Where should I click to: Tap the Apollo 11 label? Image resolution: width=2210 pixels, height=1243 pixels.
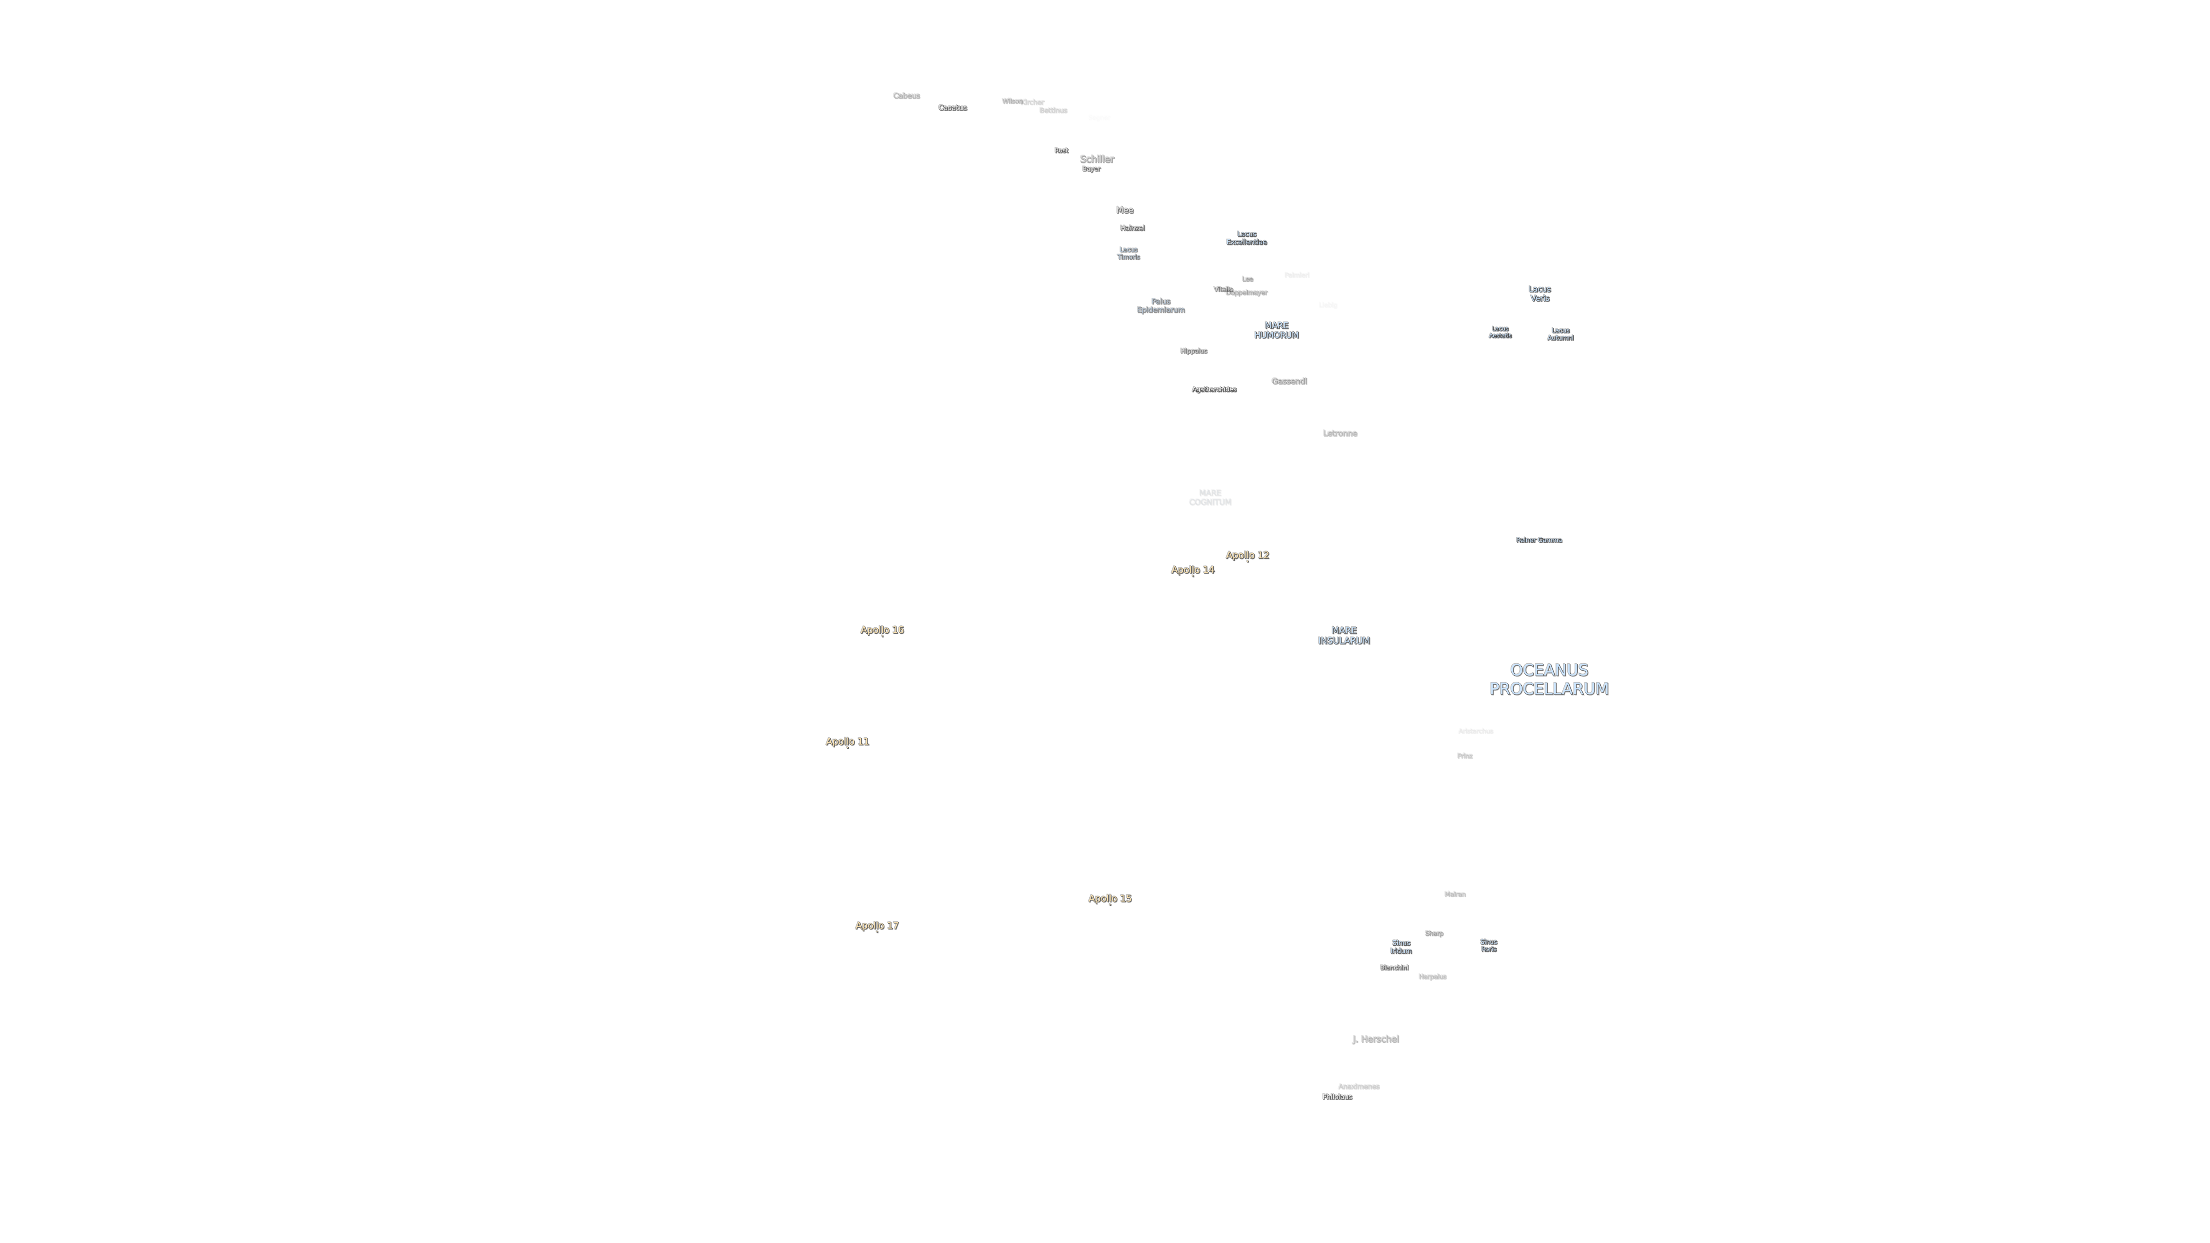coord(847,741)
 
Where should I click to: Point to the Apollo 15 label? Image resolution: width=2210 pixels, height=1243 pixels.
coord(1109,898)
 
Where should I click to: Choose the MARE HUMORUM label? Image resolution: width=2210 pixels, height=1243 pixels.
coord(1276,330)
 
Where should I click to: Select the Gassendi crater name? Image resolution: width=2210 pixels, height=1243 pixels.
coord(1289,381)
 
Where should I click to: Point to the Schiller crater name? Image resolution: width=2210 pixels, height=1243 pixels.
coord(1097,159)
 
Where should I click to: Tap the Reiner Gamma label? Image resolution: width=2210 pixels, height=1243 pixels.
coord(1538,539)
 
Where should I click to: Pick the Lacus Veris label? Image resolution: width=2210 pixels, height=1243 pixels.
coord(1539,293)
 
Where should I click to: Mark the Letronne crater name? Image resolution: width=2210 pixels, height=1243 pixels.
coord(1339,433)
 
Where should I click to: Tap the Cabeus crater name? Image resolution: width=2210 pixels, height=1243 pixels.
coord(906,95)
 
